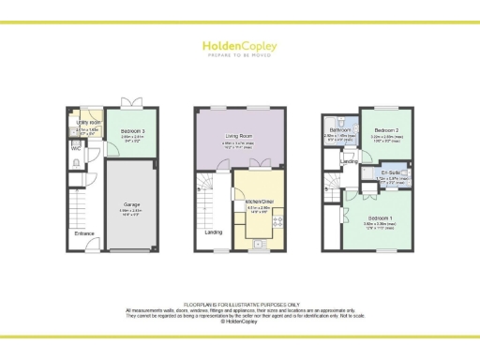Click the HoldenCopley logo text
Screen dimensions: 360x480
click(239, 44)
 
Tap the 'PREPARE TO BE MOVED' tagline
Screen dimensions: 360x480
click(239, 55)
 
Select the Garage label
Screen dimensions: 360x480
click(131, 203)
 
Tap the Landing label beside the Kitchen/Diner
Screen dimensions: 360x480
click(213, 232)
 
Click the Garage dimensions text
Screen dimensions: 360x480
click(131, 211)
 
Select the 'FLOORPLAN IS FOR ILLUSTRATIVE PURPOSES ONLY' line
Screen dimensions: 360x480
click(239, 303)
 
